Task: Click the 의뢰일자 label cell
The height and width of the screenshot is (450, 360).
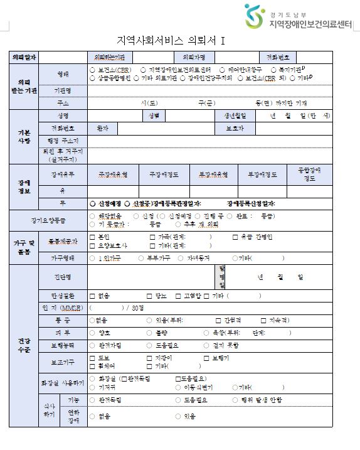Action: point(24,56)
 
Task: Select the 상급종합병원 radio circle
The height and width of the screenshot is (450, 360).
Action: point(93,78)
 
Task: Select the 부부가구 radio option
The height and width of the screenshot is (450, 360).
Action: point(141,257)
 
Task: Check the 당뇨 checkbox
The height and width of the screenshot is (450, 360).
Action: point(149,295)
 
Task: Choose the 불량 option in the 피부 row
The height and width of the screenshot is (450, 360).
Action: point(149,333)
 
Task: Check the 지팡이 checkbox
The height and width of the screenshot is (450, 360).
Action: point(149,358)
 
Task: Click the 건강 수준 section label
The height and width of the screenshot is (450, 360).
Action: point(24,345)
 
